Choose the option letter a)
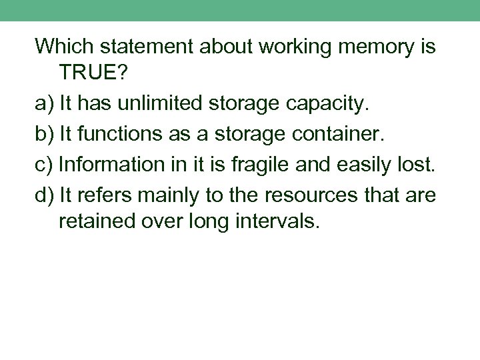click(45, 105)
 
